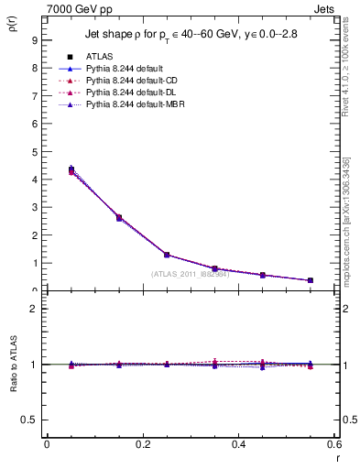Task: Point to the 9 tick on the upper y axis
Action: point(34,40)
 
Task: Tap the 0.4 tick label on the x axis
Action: point(238,444)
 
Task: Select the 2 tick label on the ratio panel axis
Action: point(34,309)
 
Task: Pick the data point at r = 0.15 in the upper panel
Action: point(119,217)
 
